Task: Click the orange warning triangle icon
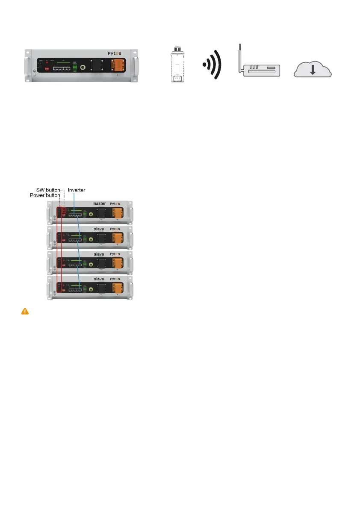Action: click(x=25, y=311)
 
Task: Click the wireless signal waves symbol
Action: click(x=212, y=65)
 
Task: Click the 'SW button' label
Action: click(x=48, y=189)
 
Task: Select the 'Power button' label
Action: click(x=44, y=195)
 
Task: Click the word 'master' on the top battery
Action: click(x=99, y=203)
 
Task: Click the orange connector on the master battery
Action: click(x=117, y=212)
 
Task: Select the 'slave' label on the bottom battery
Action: click(x=99, y=279)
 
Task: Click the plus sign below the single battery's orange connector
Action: click(x=118, y=75)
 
